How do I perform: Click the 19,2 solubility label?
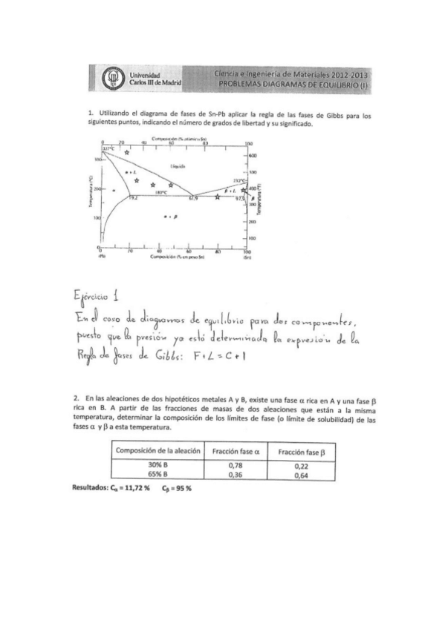coord(134,199)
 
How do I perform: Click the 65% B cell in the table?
coord(152,475)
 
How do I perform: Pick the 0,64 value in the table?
coord(300,475)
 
